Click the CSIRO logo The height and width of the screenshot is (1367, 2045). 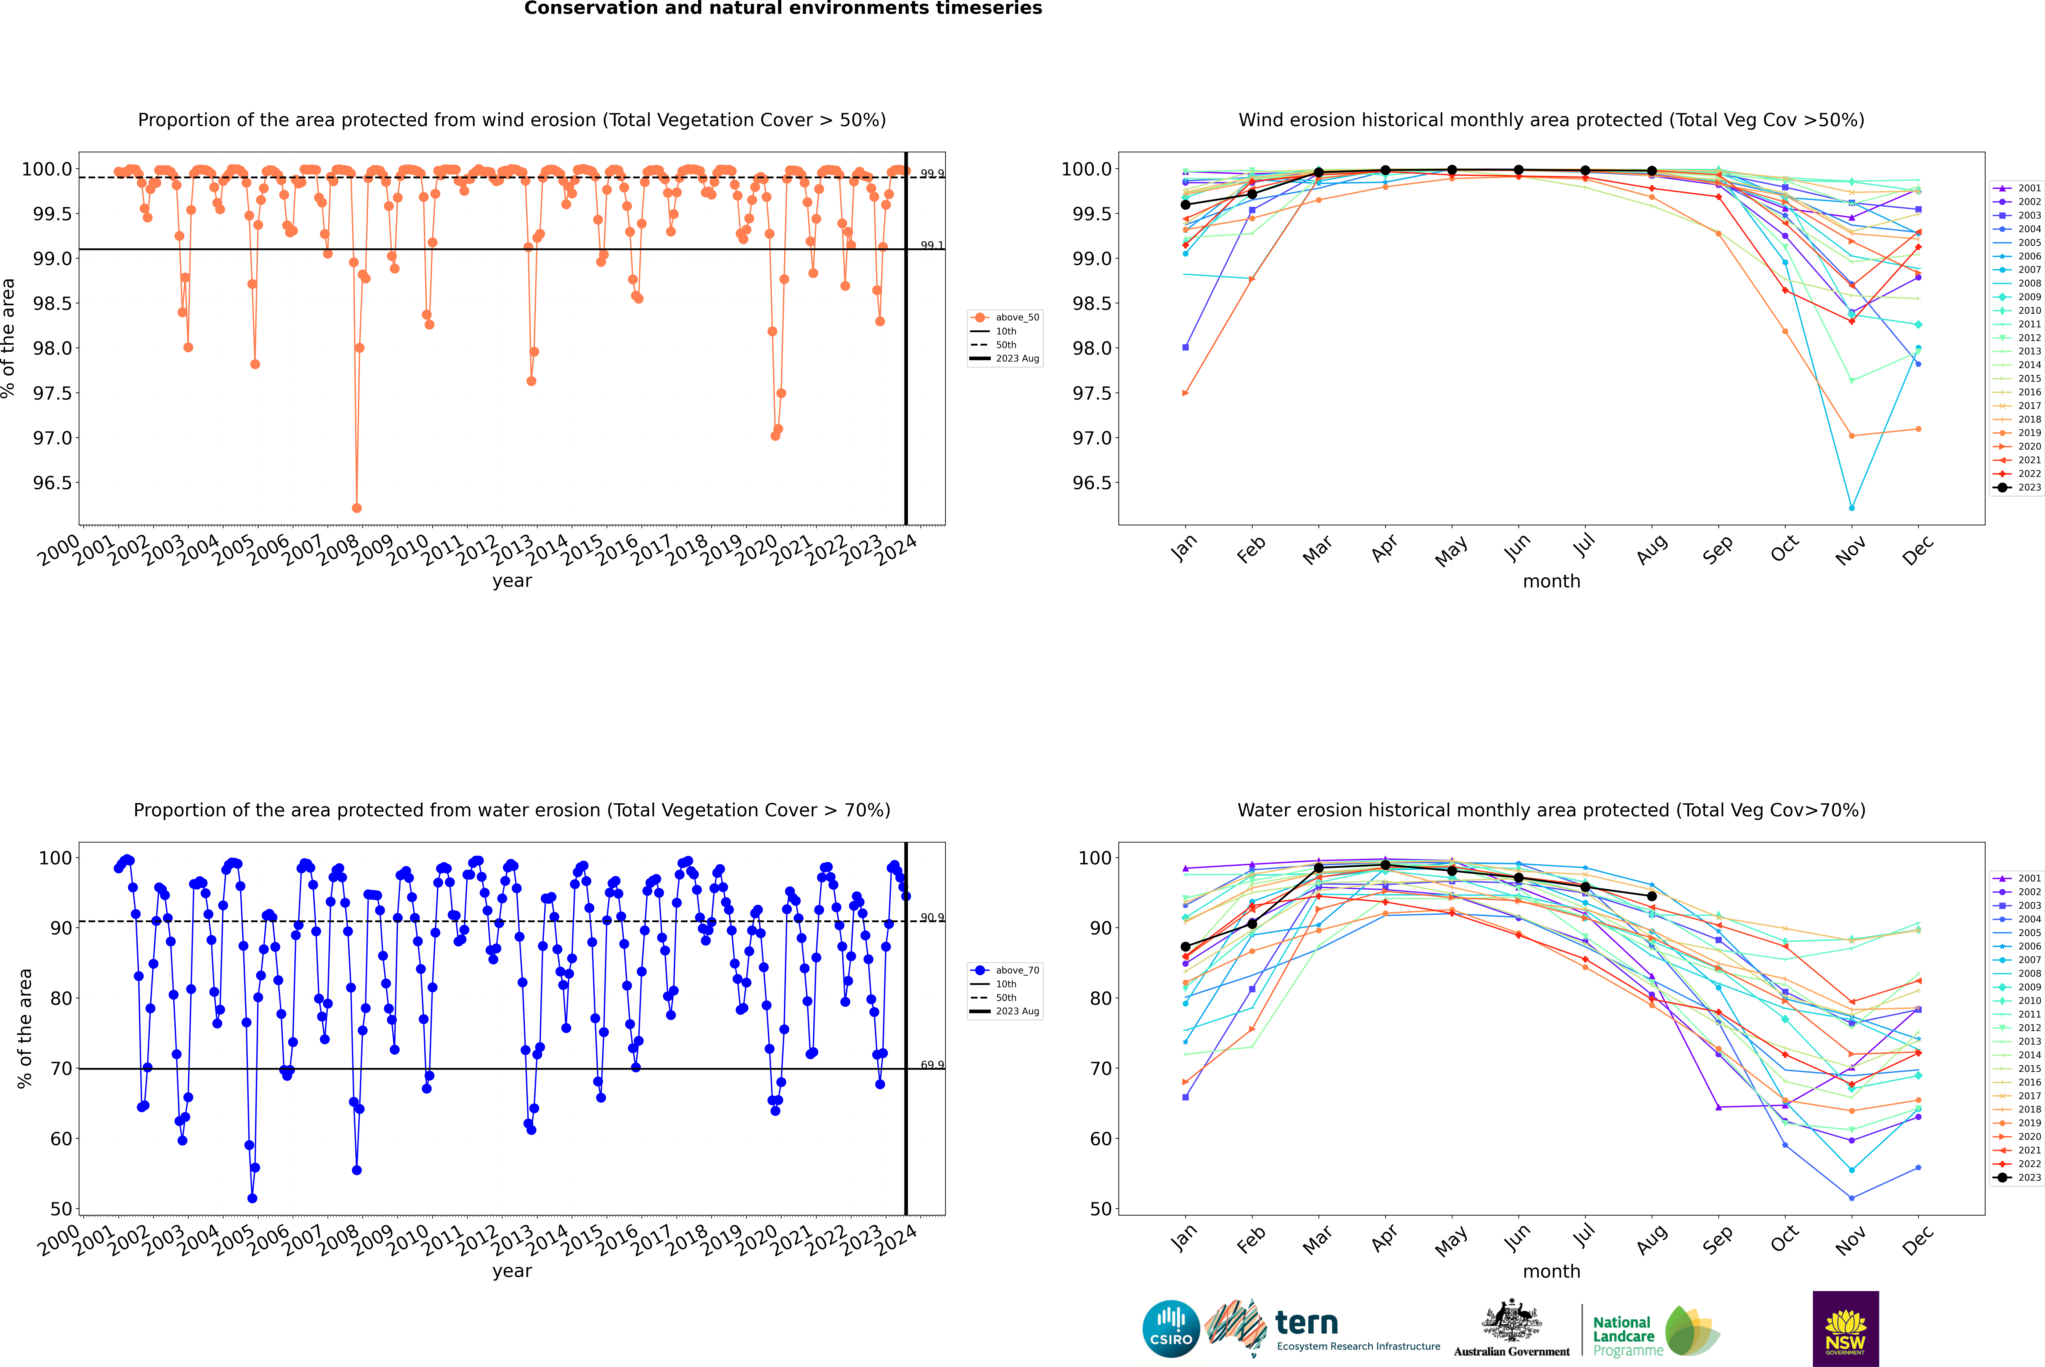[x=1171, y=1329]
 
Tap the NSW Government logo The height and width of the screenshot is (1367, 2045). [x=1845, y=1329]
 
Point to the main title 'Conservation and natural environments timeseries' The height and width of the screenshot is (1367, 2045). [x=783, y=9]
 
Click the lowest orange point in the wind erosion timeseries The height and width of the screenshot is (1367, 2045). [x=357, y=507]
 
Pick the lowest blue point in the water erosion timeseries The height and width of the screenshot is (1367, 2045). [x=252, y=1198]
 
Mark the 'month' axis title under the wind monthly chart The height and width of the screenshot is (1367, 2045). [x=1551, y=582]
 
